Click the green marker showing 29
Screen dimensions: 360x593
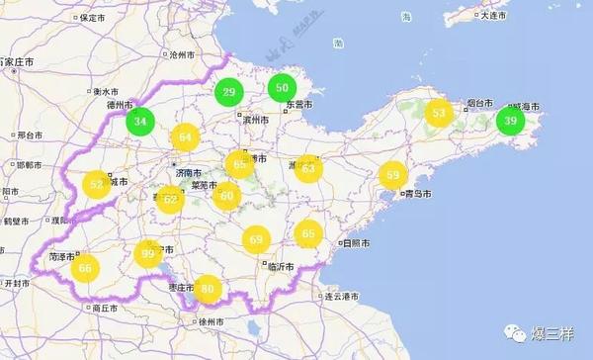click(229, 93)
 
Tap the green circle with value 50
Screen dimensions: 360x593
click(283, 88)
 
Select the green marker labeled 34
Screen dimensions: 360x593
click(141, 122)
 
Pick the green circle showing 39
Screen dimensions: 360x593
click(510, 121)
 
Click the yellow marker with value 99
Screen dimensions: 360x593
click(149, 254)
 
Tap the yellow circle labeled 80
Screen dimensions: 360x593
click(207, 288)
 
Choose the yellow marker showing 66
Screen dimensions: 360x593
click(86, 267)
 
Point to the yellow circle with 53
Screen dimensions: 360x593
click(438, 114)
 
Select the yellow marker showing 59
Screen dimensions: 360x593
click(393, 175)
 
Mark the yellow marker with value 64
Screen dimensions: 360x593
click(185, 138)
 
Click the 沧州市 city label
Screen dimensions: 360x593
click(184, 55)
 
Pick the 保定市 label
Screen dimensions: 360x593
click(95, 18)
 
